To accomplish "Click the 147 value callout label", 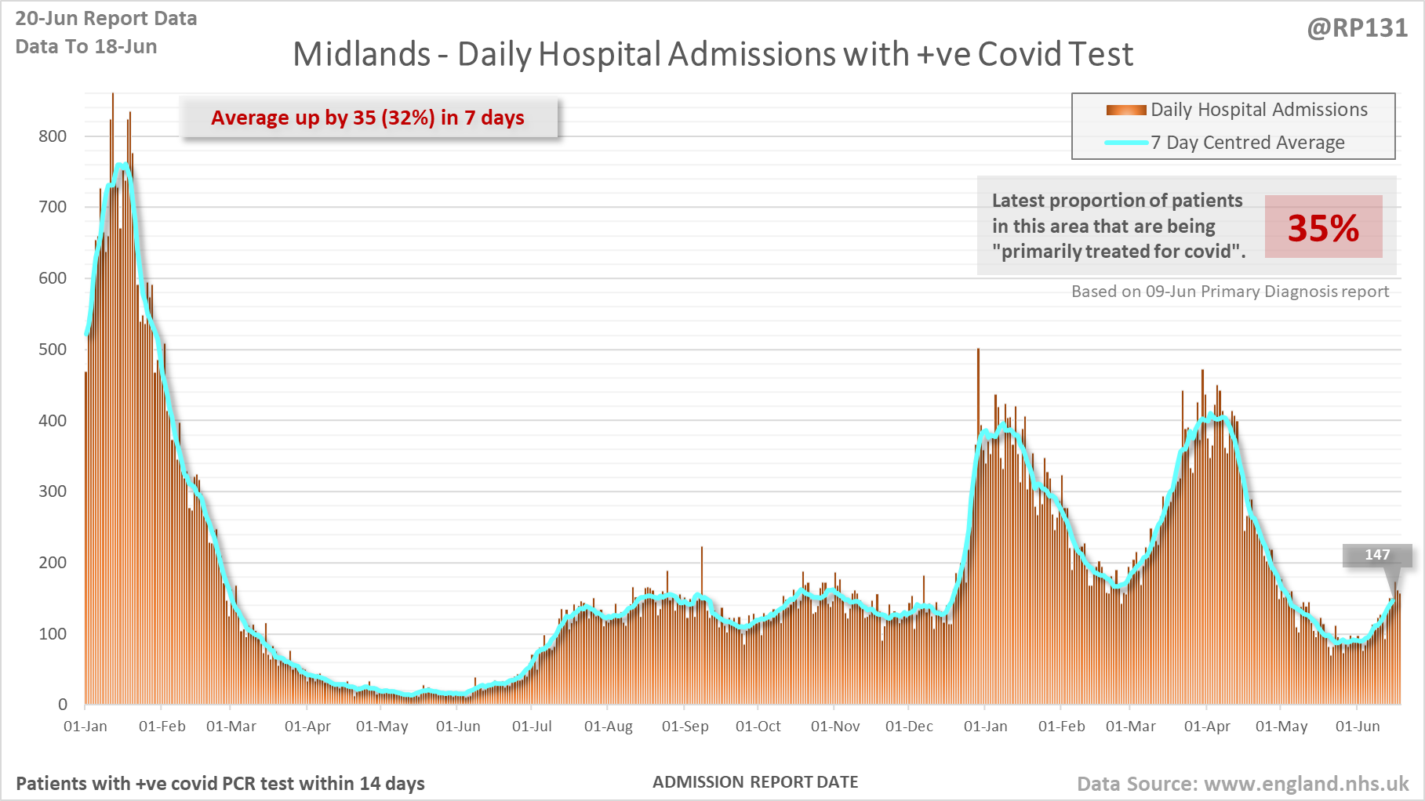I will click(1377, 555).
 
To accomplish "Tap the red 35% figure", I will click(1323, 228).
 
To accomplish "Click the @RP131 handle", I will click(1357, 28).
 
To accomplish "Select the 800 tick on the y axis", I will click(53, 136).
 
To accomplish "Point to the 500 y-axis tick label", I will click(53, 350).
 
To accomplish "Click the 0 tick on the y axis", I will click(63, 705).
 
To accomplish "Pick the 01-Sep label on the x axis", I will click(685, 727).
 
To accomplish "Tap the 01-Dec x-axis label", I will click(909, 727).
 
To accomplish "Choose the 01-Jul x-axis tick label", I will click(532, 727).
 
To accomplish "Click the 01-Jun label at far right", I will click(1358, 727).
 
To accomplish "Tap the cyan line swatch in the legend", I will click(1126, 143).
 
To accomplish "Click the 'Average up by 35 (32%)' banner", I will click(368, 118).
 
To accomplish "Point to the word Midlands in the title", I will click(362, 55).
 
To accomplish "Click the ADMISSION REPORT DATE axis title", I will click(755, 782).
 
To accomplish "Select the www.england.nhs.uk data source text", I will click(1306, 784).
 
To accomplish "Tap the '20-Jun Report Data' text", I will click(106, 19).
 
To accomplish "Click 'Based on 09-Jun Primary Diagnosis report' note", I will click(1230, 292).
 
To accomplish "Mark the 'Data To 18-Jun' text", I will click(86, 47).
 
